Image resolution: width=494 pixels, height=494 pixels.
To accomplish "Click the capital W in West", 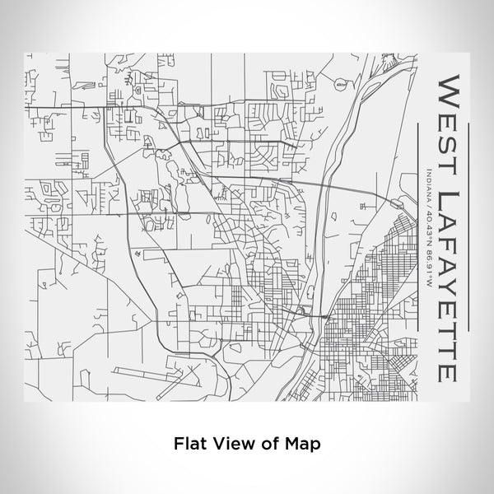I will pyautogui.click(x=450, y=86).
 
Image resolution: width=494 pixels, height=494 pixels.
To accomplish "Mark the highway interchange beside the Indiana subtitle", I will pyautogui.click(x=396, y=202).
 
